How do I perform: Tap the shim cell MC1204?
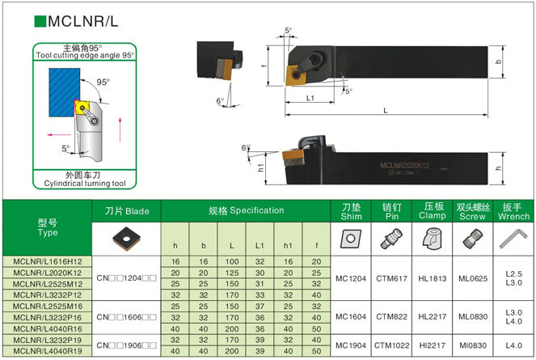[351, 279]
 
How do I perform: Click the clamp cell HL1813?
[431, 279]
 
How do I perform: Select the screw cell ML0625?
[471, 279]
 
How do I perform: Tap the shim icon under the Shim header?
[350, 238]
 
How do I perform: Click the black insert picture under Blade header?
[127, 237]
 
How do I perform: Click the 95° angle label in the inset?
[103, 83]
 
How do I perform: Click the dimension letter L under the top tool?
[385, 109]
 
